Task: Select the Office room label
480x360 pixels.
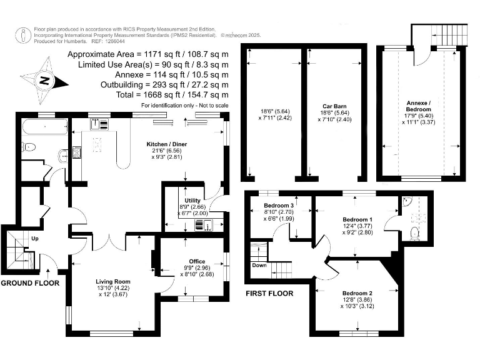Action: point(197,261)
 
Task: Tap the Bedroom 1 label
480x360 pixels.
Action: point(358,219)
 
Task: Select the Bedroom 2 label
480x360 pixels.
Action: point(357,293)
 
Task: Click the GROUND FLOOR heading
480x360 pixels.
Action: point(30,283)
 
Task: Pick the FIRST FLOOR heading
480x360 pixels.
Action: point(269,292)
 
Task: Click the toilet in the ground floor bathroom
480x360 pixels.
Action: point(28,147)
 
